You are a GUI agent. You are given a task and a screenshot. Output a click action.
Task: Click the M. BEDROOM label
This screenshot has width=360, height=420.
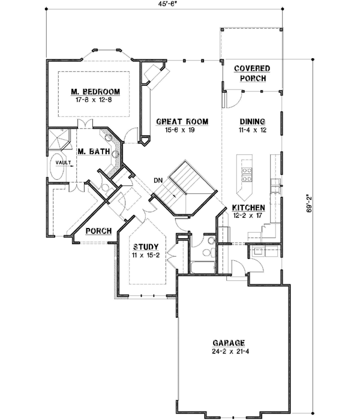click(x=95, y=91)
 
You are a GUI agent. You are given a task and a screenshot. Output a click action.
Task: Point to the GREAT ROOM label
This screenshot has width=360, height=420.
click(x=182, y=121)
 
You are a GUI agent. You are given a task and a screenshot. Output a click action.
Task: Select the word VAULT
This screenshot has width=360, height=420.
click(x=62, y=163)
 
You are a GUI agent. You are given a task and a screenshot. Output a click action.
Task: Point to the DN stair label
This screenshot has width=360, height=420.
click(x=158, y=179)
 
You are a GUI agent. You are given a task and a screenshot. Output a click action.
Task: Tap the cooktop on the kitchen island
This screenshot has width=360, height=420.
click(x=246, y=173)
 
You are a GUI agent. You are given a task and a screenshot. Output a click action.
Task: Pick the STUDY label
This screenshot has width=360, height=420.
click(x=145, y=247)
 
